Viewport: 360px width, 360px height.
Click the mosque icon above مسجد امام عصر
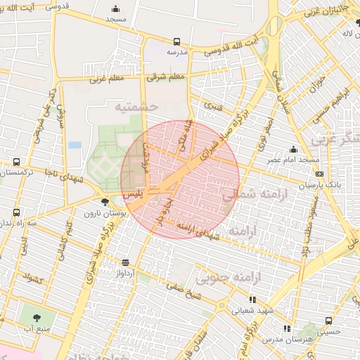tap(293, 150)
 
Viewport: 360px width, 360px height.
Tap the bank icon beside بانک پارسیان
tap(319, 174)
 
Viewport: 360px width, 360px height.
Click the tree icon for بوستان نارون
tap(105, 202)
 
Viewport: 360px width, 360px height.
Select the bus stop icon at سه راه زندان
tap(17, 212)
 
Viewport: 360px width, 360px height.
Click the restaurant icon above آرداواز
tap(126, 262)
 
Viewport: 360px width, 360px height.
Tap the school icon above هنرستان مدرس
tap(286, 328)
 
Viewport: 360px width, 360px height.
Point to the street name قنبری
tap(213, 105)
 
